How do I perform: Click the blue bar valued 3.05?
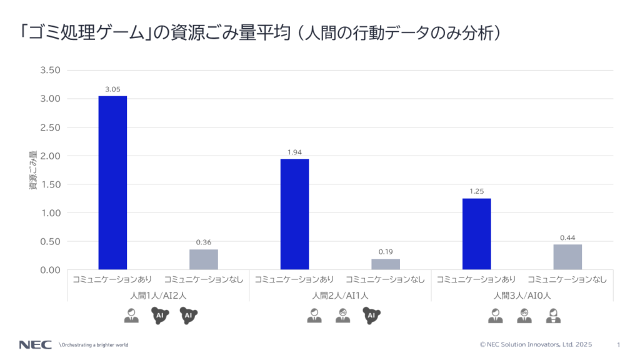click(x=112, y=182)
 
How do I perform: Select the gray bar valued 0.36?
click(x=204, y=259)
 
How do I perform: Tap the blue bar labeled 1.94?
click(x=294, y=214)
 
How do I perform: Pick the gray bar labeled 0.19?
click(x=386, y=264)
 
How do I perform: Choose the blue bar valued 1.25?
click(x=476, y=234)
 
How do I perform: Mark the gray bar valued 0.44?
click(x=567, y=257)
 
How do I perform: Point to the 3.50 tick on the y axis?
click(x=50, y=70)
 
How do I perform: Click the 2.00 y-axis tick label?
click(x=50, y=156)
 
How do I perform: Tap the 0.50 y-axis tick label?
click(x=50, y=241)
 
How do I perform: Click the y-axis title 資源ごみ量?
click(x=32, y=170)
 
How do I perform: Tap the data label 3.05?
click(x=112, y=89)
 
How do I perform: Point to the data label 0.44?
click(x=567, y=237)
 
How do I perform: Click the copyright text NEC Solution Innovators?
click(x=536, y=345)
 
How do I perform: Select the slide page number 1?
click(x=618, y=345)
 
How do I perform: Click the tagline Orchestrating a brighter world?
click(x=93, y=345)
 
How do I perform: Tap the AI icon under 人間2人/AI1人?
click(x=371, y=317)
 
